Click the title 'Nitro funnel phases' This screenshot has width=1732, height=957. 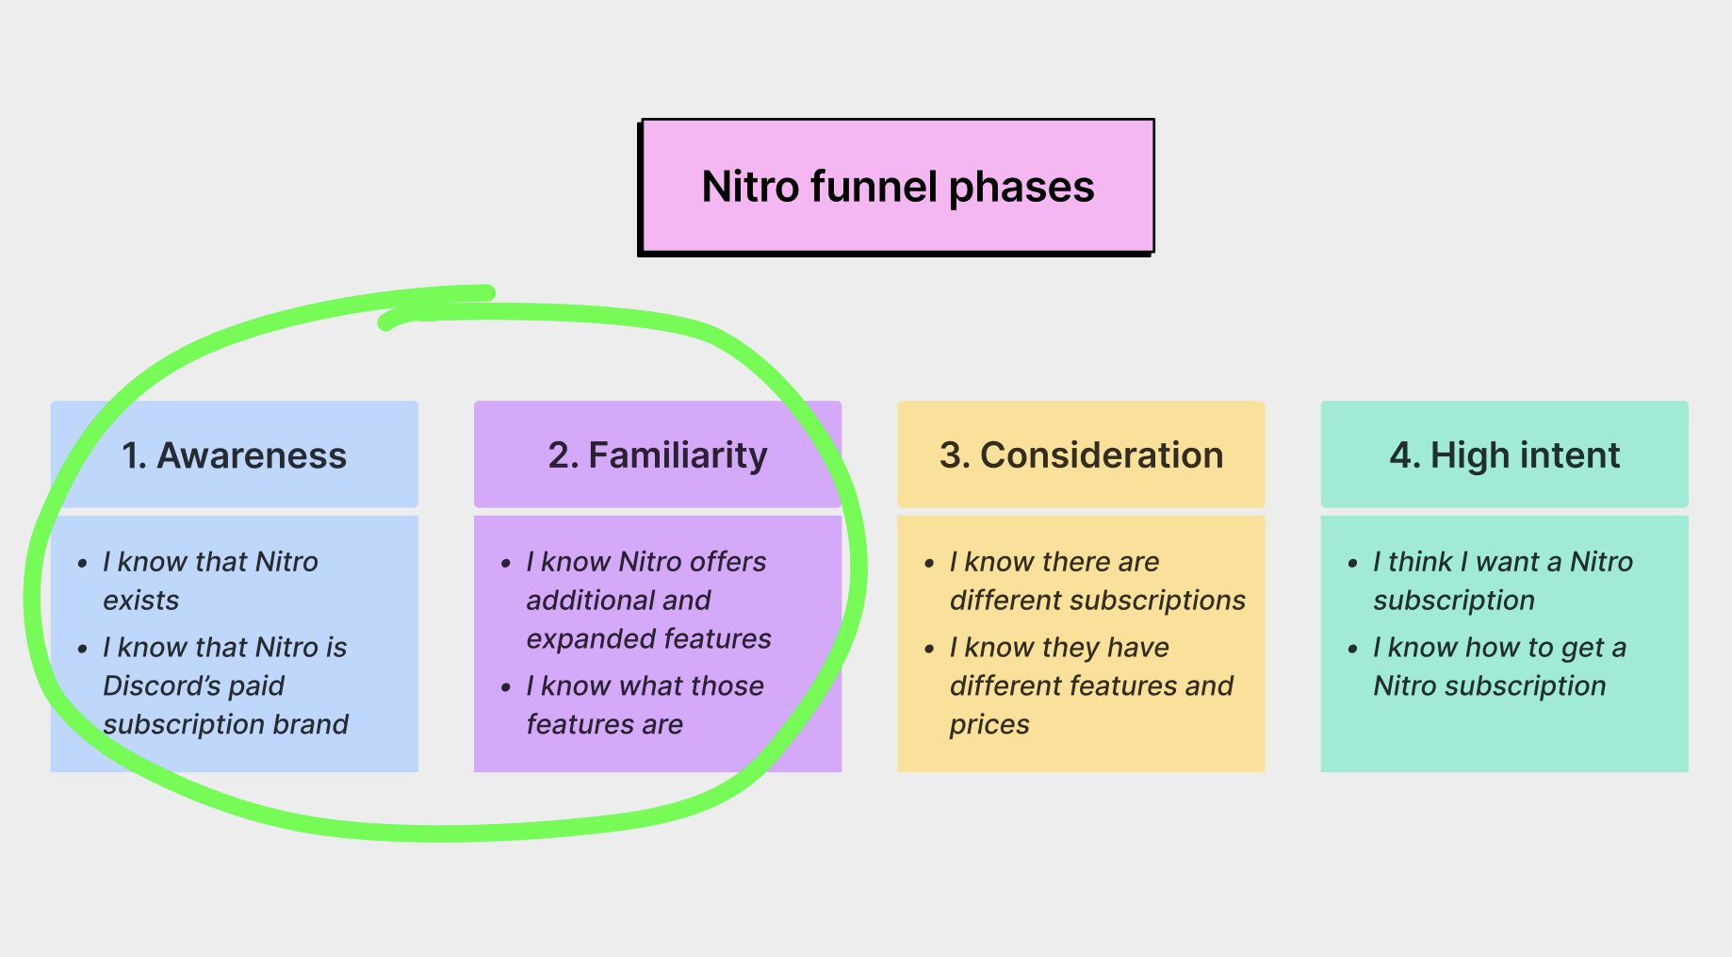point(897,187)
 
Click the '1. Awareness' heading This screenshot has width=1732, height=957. point(234,455)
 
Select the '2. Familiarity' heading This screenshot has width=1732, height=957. point(658,455)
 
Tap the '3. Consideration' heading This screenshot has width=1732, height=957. point(1081,455)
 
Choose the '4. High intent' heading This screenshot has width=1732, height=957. point(1504,455)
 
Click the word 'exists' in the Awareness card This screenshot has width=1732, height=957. point(141,601)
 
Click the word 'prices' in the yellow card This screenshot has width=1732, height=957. point(989,724)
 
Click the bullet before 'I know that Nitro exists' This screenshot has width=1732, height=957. point(83,564)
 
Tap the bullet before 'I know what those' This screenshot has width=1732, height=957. point(506,688)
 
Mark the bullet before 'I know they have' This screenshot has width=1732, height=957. point(929,650)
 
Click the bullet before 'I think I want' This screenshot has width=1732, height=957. point(1352,564)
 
